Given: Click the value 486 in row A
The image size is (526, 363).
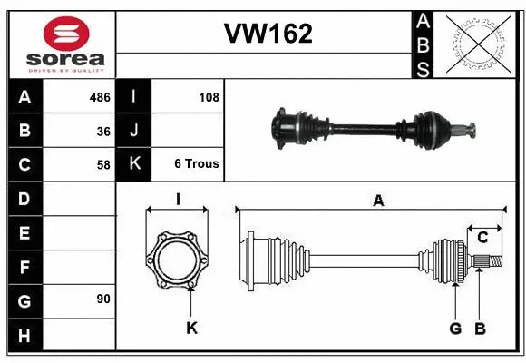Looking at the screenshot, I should [99, 97].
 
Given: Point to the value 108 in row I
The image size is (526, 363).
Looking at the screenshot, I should [209, 97].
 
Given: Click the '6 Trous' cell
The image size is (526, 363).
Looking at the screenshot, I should [197, 164].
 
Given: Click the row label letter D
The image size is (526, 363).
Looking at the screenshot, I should [24, 198].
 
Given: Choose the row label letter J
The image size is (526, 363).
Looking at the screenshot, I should [134, 131].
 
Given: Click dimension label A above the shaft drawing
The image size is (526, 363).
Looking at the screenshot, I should [377, 201].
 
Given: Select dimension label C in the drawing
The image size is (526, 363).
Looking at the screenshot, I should [483, 238].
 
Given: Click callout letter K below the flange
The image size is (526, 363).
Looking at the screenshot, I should [192, 328].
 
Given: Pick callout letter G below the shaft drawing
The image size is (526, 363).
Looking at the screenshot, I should [455, 328].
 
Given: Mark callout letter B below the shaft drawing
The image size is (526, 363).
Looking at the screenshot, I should [481, 328].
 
